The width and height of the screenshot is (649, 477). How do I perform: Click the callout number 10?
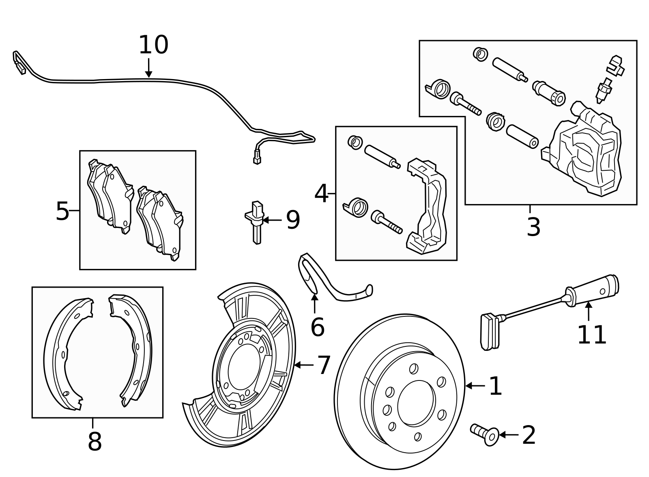[x=153, y=45]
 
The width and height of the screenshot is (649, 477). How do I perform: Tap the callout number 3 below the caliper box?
[x=533, y=228]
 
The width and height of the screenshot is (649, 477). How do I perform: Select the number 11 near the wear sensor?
[x=591, y=335]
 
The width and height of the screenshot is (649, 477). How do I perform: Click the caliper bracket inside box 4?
[x=428, y=207]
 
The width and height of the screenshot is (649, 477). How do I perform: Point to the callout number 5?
[x=62, y=211]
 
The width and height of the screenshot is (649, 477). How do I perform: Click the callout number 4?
[x=321, y=193]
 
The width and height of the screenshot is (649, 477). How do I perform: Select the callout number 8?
[x=95, y=442]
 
